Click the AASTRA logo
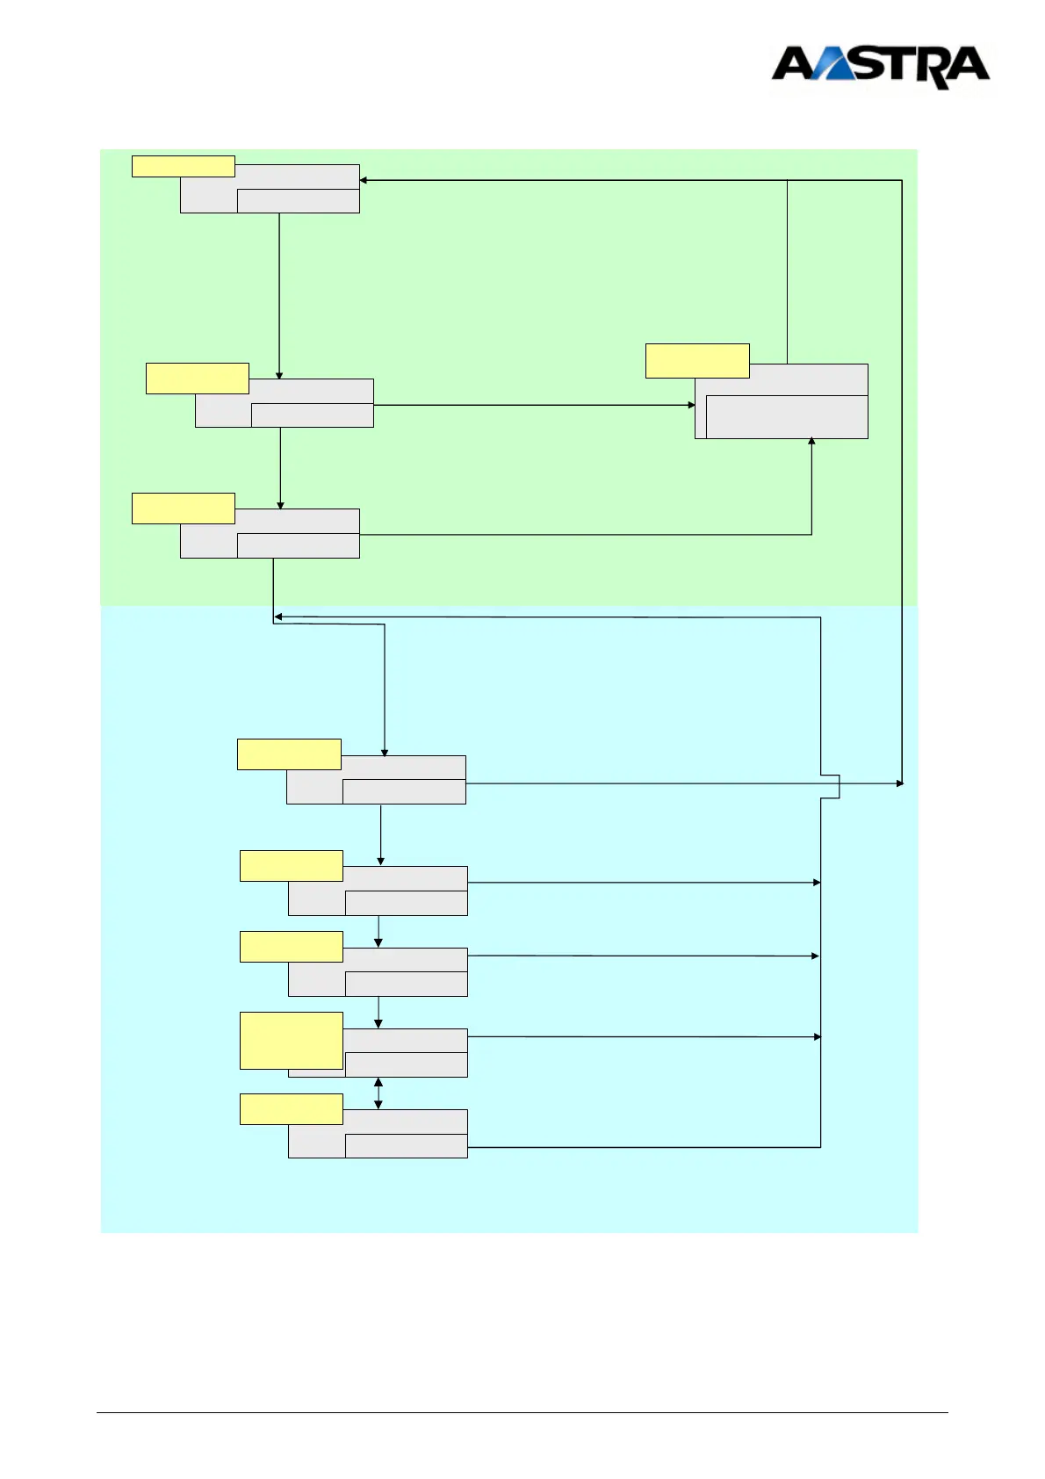click(880, 67)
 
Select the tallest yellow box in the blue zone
click(292, 1041)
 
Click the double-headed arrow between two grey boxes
click(378, 1093)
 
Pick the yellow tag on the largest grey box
click(697, 361)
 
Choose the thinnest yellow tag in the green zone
click(184, 166)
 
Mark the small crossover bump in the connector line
click(832, 787)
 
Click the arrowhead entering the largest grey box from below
click(811, 442)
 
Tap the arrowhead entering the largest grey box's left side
click(691, 405)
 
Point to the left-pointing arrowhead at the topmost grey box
click(364, 180)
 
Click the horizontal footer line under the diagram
click(522, 1413)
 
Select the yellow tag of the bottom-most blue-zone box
click(292, 1109)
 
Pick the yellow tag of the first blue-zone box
click(289, 754)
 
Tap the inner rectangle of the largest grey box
click(787, 416)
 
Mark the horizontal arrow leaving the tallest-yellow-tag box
click(641, 1037)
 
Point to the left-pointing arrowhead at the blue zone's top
click(278, 617)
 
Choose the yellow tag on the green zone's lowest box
click(184, 509)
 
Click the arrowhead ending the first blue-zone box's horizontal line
click(899, 783)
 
